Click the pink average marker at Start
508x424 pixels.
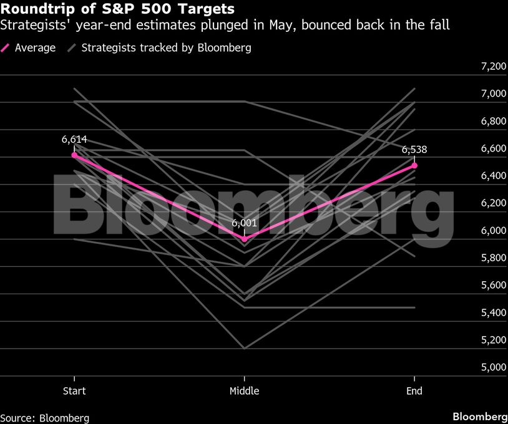coord(74,155)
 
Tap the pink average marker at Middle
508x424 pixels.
coord(244,239)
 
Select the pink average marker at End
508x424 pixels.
coord(414,165)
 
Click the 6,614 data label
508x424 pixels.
coord(74,140)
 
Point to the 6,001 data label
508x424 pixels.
coord(244,223)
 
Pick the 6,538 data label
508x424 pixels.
coord(414,150)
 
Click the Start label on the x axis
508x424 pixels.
coord(74,391)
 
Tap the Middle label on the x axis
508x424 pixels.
coord(244,391)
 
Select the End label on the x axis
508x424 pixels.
coord(414,391)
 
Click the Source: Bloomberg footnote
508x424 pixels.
coord(44,417)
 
